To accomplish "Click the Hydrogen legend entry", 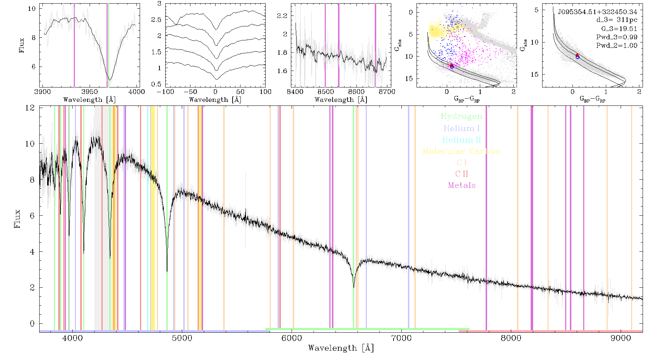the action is click(462, 116).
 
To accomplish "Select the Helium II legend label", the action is click(462, 140).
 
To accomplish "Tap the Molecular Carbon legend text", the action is click(462, 151).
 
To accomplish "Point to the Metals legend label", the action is click(462, 185).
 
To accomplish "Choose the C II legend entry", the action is click(462, 174).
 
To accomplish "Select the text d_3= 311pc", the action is click(617, 20).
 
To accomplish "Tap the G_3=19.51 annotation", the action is click(619, 29).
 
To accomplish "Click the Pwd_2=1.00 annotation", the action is click(617, 45).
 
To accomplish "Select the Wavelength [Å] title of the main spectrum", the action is click(341, 348).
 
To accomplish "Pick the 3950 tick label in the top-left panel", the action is click(90, 92).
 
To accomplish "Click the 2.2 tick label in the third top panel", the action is click(282, 16).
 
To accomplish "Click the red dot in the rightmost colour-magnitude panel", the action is click(577, 55).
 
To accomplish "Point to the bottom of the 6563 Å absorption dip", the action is click(354, 287).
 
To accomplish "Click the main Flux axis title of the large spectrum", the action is click(17, 219).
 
